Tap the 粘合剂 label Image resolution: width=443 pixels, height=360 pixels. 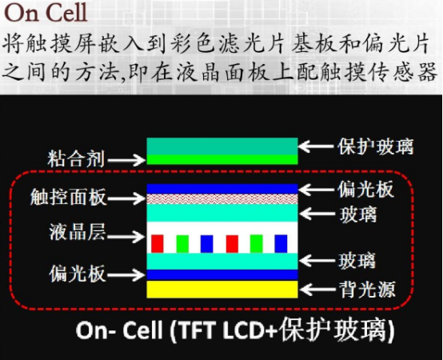(x=76, y=158)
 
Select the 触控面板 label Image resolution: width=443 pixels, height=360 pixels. (x=69, y=197)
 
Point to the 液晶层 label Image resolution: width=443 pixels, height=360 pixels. (x=78, y=232)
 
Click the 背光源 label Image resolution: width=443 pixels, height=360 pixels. (x=367, y=289)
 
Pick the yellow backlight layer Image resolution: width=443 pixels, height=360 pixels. (x=222, y=289)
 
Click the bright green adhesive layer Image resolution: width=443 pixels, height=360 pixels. (x=222, y=159)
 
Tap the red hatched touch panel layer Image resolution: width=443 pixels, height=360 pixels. (x=222, y=199)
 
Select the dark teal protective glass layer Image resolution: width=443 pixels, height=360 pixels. (x=222, y=146)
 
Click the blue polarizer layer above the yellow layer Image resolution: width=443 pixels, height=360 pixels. (x=222, y=274)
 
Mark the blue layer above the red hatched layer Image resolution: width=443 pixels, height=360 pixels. (x=222, y=189)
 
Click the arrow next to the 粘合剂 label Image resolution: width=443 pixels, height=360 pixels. (x=126, y=160)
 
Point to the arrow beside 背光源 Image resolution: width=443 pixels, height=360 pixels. (x=317, y=290)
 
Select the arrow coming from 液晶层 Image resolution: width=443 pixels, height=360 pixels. (x=126, y=236)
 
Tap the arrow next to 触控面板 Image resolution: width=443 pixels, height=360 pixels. (x=126, y=198)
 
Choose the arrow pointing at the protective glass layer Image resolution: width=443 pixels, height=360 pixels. (x=317, y=146)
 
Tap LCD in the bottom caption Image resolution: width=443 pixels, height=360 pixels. (x=245, y=330)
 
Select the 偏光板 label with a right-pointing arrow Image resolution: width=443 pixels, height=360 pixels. (x=78, y=274)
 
